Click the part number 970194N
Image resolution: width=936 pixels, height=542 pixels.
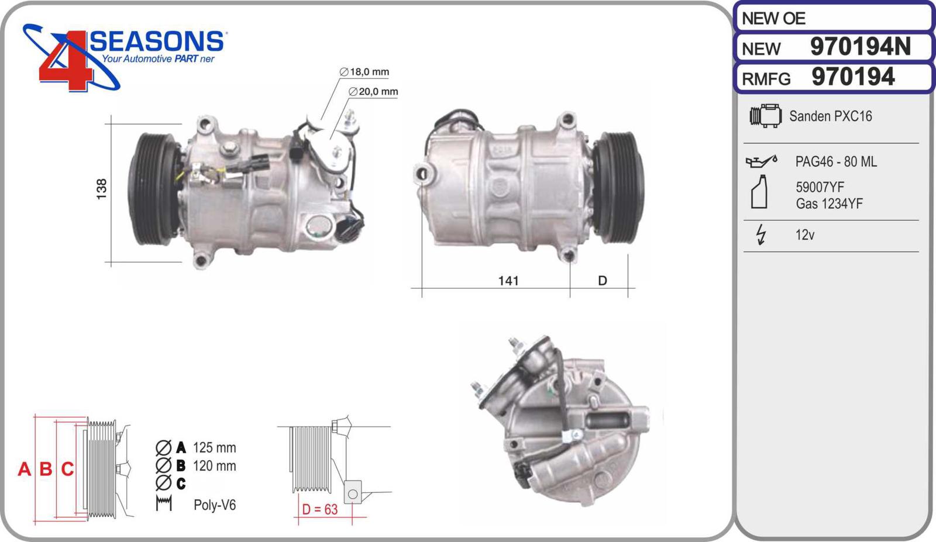point(860,46)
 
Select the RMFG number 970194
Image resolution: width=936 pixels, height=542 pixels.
point(853,77)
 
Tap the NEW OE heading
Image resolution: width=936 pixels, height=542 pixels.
point(773,18)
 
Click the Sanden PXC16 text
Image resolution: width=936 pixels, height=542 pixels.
point(830,116)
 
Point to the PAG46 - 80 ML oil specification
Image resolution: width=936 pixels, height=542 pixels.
point(836,161)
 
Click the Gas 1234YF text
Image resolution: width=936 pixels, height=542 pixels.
point(829,204)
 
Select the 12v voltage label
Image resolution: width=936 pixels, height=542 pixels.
point(805,235)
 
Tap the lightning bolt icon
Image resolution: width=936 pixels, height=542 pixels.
point(761,234)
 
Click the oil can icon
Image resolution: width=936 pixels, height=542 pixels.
point(761,161)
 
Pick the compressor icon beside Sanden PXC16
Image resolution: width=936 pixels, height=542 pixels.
point(766,116)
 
